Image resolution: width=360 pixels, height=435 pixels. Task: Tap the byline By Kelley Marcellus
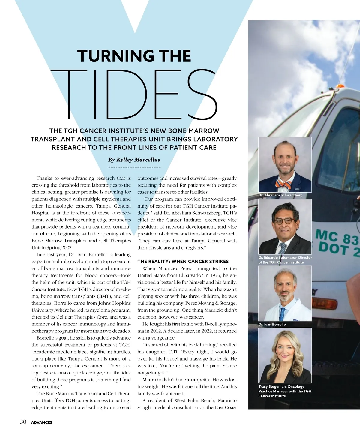tap(134, 160)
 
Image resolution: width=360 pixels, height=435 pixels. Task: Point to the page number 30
tap(23, 422)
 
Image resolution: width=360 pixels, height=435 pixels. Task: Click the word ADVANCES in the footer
tap(42, 422)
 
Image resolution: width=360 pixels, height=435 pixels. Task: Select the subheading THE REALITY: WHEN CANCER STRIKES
tap(183, 261)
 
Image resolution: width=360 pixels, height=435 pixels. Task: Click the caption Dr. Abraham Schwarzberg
tap(280, 195)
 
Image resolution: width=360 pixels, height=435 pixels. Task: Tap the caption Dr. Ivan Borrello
tap(272, 324)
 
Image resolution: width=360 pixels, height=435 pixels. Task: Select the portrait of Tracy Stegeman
tap(285, 355)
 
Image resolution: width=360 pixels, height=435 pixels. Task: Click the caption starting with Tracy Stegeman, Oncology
tap(285, 391)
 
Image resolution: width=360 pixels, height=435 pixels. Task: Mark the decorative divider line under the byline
tap(134, 167)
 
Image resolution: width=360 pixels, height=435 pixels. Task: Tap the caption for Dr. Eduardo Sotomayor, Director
tap(285, 260)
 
